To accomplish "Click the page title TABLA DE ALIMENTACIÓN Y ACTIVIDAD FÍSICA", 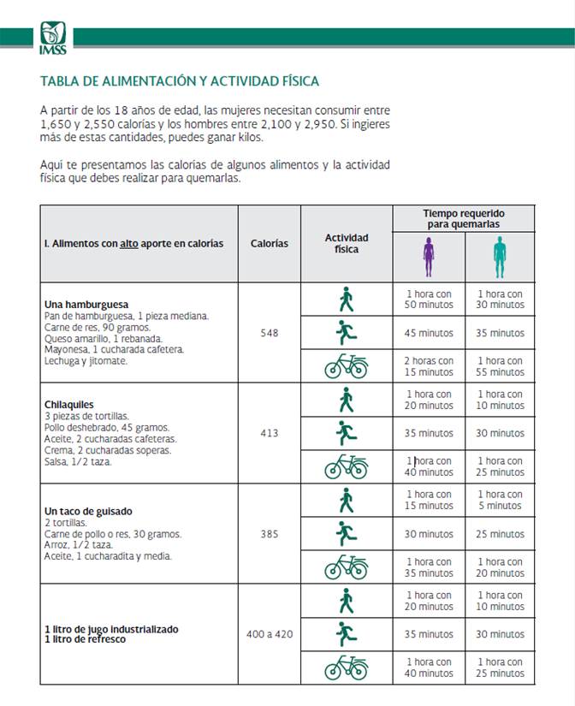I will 180,81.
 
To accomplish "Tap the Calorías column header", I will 269,243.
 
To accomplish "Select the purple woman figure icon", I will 429,254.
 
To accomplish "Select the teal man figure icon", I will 500,254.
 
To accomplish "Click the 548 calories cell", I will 269,333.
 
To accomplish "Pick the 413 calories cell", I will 269,433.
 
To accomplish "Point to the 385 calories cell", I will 269,534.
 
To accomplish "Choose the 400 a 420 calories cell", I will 269,634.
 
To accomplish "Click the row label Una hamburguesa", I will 86,305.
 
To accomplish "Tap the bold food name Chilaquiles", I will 69,405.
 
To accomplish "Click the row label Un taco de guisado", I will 88,511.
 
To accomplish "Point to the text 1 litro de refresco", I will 86,639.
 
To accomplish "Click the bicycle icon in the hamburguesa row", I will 346,366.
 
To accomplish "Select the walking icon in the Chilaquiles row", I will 346,400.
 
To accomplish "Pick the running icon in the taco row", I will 346,534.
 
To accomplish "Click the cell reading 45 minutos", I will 429,333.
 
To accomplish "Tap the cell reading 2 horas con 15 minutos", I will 429,366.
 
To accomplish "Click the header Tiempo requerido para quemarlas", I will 464,218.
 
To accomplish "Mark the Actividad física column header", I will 346,243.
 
